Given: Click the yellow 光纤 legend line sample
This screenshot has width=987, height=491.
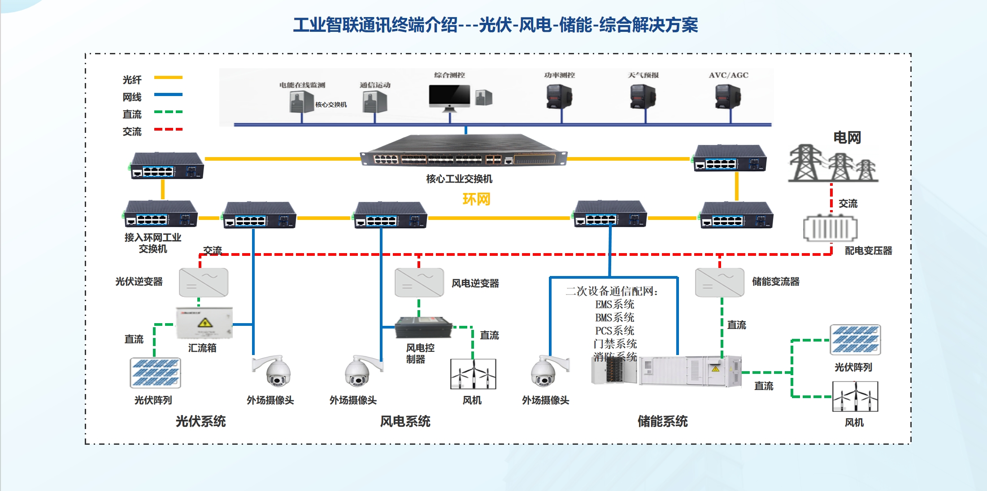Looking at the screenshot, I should click(168, 78).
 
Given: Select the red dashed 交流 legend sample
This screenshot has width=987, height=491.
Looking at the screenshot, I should click(168, 129).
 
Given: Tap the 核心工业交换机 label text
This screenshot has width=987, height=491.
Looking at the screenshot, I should click(459, 179).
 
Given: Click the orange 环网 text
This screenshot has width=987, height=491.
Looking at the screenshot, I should click(476, 199).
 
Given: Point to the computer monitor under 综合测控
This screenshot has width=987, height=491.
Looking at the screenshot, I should click(449, 96).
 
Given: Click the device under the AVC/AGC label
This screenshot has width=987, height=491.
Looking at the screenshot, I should click(728, 97).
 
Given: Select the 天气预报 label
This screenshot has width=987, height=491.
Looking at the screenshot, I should click(643, 75).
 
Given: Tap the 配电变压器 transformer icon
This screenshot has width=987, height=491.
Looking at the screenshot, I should click(830, 228).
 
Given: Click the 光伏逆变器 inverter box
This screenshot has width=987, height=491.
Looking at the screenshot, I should click(204, 283).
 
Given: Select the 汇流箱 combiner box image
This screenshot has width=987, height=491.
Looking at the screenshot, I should click(204, 323).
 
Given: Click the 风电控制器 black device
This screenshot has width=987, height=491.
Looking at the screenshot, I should click(423, 328).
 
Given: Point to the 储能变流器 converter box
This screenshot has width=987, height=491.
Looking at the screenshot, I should click(719, 283).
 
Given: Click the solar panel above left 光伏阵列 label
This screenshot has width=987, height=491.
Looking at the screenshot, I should click(155, 373).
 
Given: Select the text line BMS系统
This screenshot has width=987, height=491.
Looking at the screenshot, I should click(614, 318).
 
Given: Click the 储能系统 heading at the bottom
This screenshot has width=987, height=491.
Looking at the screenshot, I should click(662, 421).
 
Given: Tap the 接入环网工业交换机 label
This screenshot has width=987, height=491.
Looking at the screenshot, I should click(152, 243).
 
